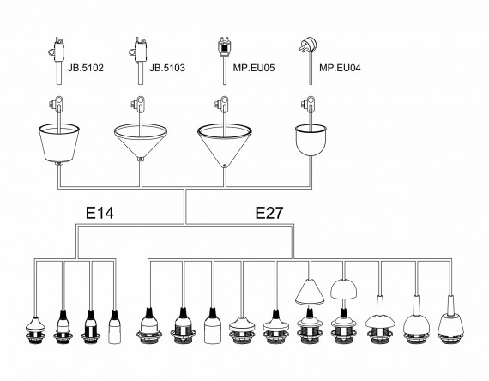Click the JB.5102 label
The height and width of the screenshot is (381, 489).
pyautogui.click(x=86, y=68)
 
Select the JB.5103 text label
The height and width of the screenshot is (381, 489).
pyautogui.click(x=167, y=68)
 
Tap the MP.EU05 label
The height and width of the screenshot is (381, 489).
pyautogui.click(x=254, y=68)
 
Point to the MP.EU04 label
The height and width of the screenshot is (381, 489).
pyautogui.click(x=340, y=68)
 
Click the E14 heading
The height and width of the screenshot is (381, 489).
pyautogui.click(x=100, y=213)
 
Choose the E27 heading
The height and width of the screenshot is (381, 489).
pyautogui.click(x=269, y=213)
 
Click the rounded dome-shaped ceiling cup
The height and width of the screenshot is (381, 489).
pyautogui.click(x=311, y=140)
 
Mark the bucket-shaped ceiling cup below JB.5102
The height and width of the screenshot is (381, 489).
pyautogui.click(x=58, y=143)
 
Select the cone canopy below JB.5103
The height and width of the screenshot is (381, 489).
pyautogui.click(x=141, y=142)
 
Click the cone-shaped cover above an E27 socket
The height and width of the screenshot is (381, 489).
pyautogui.click(x=310, y=292)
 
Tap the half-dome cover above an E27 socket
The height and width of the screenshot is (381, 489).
pyautogui.click(x=343, y=289)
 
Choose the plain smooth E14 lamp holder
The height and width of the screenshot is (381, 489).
pyautogui.click(x=114, y=327)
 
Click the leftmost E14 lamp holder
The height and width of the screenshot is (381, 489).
pyautogui.click(x=35, y=330)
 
